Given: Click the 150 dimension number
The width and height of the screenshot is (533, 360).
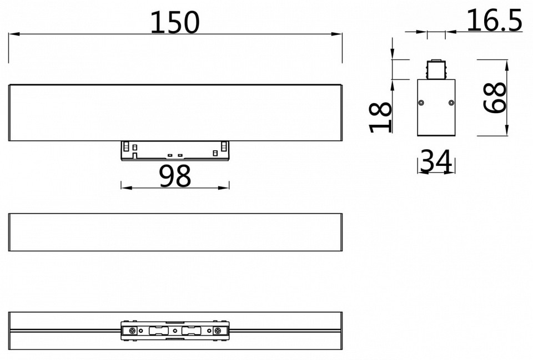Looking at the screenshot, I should coord(175,22).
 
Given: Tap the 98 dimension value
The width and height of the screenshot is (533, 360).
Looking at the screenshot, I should coord(175,176).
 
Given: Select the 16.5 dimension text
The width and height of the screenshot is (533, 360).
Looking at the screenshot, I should coord(494,21).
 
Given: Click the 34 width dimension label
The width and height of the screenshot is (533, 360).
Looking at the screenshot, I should coord(436,161).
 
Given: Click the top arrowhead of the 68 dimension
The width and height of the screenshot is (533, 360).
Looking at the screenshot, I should coord(507,64).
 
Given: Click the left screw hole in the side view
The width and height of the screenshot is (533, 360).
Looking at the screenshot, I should coord(421,103).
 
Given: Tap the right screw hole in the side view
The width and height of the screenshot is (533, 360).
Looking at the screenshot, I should coord(451,103).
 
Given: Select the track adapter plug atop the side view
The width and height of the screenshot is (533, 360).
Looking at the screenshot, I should coord(436,69).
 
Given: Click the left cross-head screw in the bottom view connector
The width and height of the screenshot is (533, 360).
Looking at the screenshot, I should coord(133,331).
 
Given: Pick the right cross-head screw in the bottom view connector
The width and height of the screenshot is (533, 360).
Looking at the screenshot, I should coord(218,331).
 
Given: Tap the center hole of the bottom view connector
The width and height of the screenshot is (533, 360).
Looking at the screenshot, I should coord(175,331).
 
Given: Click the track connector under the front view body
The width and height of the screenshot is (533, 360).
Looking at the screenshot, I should coord(175,151).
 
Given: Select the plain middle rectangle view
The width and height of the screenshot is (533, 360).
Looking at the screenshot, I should coord(175,232).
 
